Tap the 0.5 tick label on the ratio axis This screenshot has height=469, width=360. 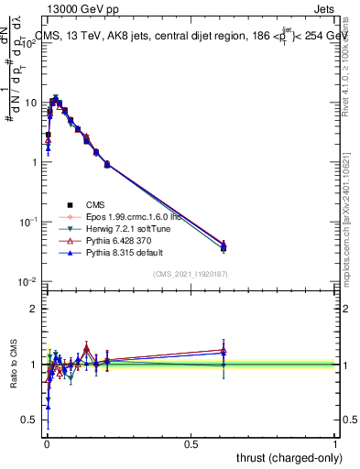27,420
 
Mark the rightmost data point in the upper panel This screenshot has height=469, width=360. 224,246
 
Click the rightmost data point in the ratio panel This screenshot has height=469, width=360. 224,352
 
